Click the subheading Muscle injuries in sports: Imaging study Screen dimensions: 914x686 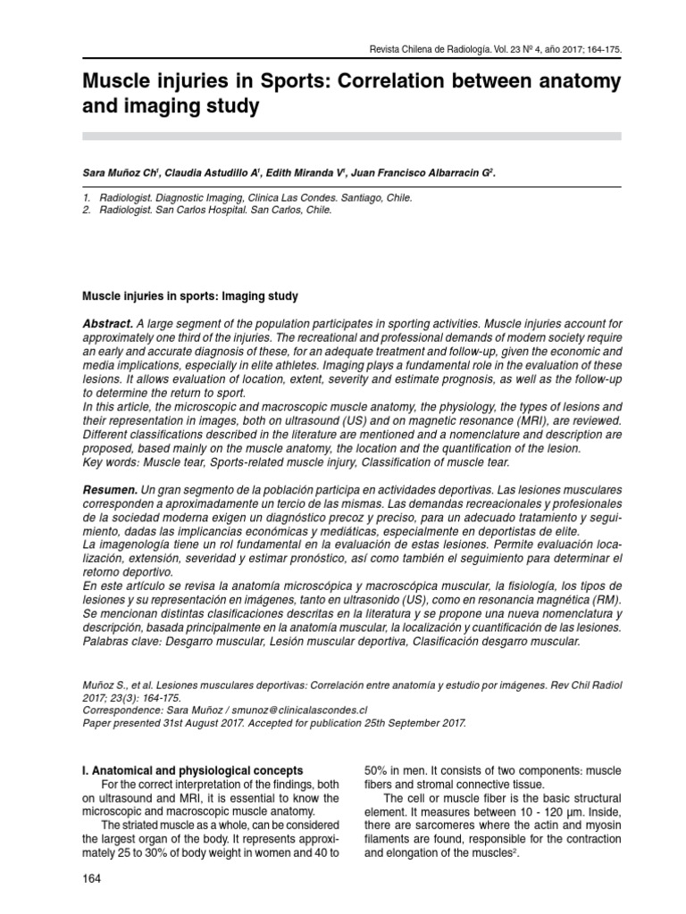point(189,295)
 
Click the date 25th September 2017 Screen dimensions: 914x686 point(407,722)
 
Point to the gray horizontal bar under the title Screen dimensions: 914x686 point(352,135)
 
